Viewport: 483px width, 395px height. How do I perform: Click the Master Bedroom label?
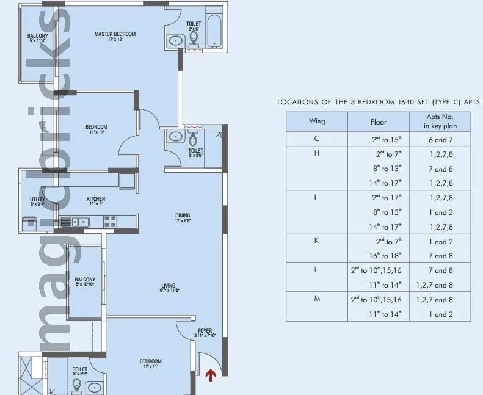pos(115,35)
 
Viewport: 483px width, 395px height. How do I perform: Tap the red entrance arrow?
pos(211,375)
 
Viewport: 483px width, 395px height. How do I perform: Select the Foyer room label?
pos(205,331)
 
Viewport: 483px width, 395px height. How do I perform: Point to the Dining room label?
pos(183,216)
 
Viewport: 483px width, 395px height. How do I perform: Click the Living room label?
pos(169,286)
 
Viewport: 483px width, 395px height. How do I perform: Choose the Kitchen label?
pos(95,199)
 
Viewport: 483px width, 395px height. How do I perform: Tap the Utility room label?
pos(37,200)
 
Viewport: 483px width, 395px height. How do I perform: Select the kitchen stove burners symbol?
pos(111,222)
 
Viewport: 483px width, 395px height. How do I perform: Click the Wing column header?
pos(317,121)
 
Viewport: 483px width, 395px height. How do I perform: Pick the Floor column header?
pos(379,121)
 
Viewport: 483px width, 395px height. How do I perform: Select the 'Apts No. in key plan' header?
pos(440,121)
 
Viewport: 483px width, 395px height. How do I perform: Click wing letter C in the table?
pos(316,139)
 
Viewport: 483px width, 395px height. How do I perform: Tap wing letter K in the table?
pos(316,241)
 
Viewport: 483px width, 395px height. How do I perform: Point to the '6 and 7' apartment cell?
pos(440,139)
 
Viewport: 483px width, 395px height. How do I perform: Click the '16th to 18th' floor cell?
pos(379,256)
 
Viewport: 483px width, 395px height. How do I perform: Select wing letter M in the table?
pos(316,300)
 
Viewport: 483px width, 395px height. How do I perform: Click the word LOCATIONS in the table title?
pos(299,102)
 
